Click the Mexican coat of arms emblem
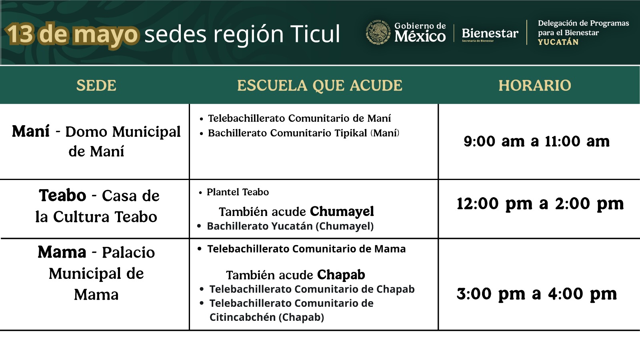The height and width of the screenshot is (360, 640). pyautogui.click(x=378, y=32)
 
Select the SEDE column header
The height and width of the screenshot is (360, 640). pyautogui.click(x=96, y=86)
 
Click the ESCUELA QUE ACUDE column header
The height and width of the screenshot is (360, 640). pyautogui.click(x=320, y=86)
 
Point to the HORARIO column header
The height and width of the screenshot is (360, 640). pyautogui.click(x=535, y=86)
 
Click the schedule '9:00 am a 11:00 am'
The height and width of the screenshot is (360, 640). pyautogui.click(x=536, y=141)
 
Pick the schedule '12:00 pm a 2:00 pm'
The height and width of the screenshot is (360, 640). pyautogui.click(x=540, y=204)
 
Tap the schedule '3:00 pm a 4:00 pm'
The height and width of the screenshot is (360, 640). pyautogui.click(x=536, y=294)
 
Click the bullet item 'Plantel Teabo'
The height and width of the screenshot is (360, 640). pyautogui.click(x=238, y=192)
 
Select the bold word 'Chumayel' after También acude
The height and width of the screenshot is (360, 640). pyautogui.click(x=342, y=212)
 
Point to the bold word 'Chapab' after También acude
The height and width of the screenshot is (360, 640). pyautogui.click(x=341, y=275)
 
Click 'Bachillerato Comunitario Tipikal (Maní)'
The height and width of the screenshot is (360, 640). pyautogui.click(x=304, y=133)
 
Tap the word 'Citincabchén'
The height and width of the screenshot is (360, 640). pyautogui.click(x=242, y=318)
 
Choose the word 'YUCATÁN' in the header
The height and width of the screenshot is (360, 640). pyautogui.click(x=558, y=42)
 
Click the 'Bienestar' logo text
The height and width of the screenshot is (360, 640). pyautogui.click(x=490, y=33)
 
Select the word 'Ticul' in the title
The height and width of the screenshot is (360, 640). pyautogui.click(x=315, y=34)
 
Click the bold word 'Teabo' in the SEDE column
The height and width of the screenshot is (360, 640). pyautogui.click(x=62, y=196)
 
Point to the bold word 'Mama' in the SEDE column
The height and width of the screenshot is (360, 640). pyautogui.click(x=62, y=252)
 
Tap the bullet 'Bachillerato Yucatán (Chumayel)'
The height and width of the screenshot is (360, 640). pyautogui.click(x=290, y=226)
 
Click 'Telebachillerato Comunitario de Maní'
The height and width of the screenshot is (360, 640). pyautogui.click(x=299, y=118)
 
